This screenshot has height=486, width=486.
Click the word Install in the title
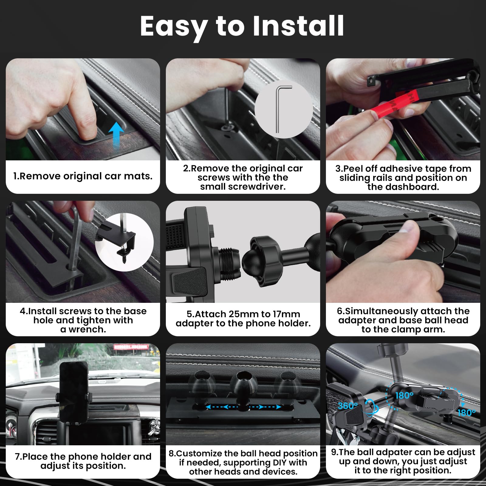(x=298, y=26)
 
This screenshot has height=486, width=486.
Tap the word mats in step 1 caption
(x=139, y=176)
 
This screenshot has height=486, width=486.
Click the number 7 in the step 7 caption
(x=17, y=457)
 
